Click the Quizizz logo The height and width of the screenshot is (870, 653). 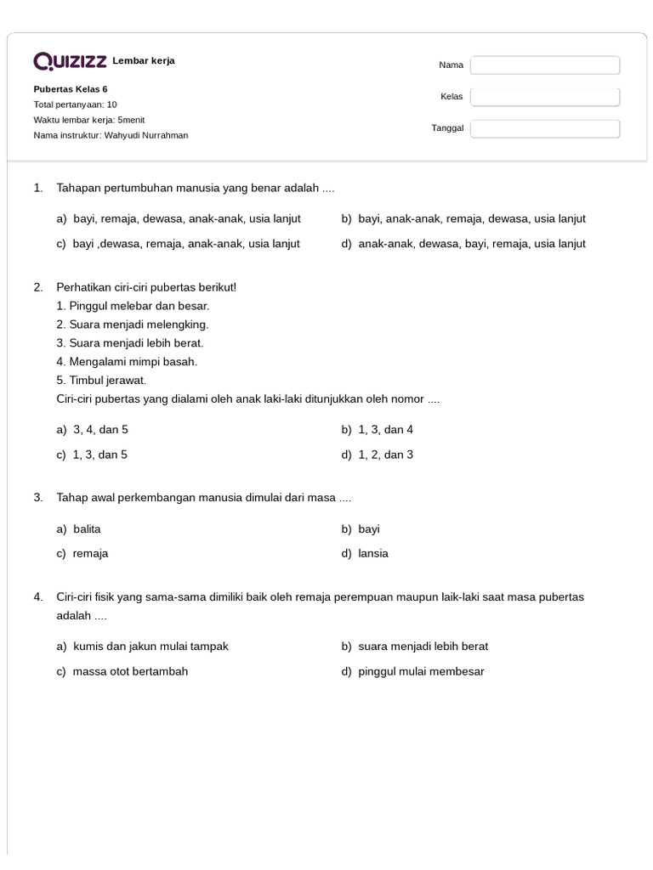coord(70,61)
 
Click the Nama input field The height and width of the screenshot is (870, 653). coord(545,65)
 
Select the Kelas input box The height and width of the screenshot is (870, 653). coord(545,97)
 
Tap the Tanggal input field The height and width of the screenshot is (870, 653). coord(545,129)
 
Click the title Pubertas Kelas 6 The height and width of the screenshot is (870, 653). coord(71,89)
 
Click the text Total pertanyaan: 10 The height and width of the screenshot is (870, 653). coord(75,105)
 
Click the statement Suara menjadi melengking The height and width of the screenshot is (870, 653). coord(133,325)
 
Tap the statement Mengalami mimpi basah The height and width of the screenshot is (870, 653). coord(127,362)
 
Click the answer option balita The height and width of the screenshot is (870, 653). coord(87,529)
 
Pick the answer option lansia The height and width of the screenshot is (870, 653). coord(373,554)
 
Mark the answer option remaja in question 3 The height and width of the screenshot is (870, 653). coord(90,554)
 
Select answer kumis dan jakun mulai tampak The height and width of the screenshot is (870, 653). coord(150,647)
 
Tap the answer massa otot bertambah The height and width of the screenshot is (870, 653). coord(130,672)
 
